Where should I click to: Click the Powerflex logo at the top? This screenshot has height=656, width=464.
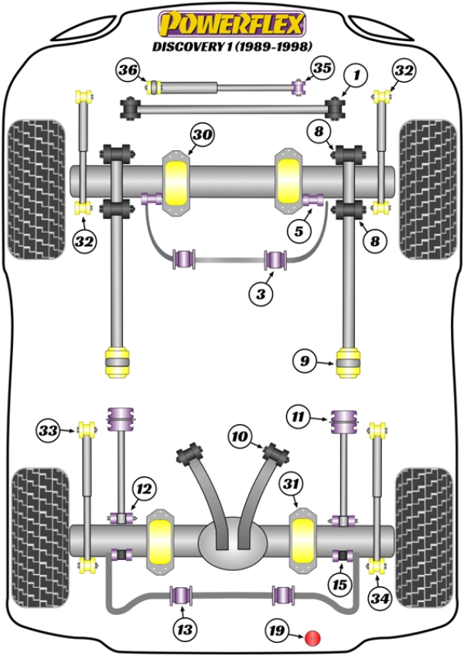tap(231, 23)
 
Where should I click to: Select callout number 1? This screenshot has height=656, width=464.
tap(356, 76)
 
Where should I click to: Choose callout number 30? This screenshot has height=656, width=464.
tap(201, 136)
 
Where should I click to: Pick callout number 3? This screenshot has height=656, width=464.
tap(261, 293)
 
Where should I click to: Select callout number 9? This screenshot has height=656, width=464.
tap(305, 360)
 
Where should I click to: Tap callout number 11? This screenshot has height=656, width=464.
tap(297, 419)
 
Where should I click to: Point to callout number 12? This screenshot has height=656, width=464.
tap(145, 489)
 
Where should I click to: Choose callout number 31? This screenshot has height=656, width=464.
tap(291, 484)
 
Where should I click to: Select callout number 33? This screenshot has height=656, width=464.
tap(49, 429)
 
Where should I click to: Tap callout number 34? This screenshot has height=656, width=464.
tap(379, 598)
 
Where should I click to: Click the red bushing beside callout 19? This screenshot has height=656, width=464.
tap(314, 637)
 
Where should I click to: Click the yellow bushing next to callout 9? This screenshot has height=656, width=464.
tap(349, 363)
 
